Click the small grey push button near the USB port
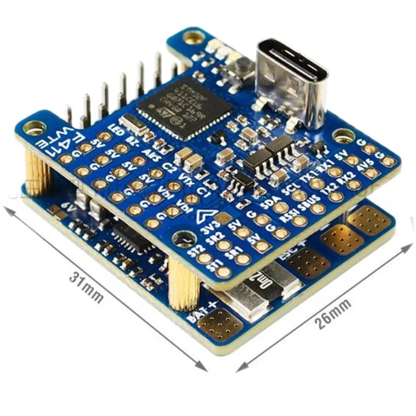click(x=241, y=66)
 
